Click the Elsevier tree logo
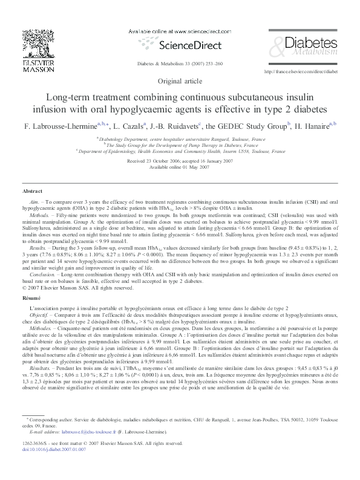pos(26,42)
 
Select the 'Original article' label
pos(179,81)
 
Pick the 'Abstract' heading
pos(32,191)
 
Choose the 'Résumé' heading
pos(31,282)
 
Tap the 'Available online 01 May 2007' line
pos(179,167)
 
